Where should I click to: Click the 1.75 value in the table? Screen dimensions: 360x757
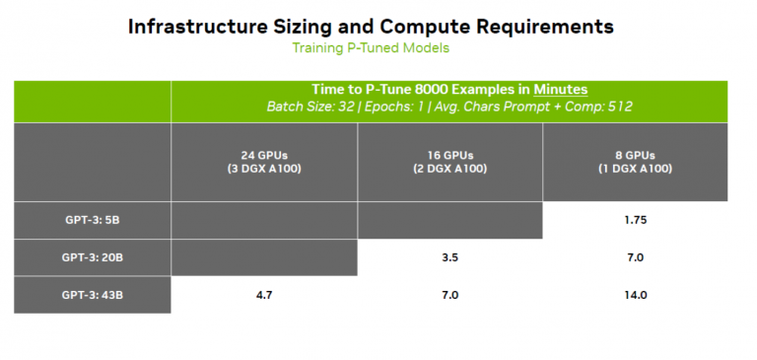[x=635, y=220]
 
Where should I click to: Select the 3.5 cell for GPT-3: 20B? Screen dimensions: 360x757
[x=449, y=257]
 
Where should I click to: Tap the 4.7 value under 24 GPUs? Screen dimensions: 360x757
[x=263, y=295]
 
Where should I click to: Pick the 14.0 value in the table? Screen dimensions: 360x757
[x=635, y=295]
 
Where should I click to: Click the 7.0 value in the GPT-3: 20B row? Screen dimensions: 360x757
[x=635, y=257]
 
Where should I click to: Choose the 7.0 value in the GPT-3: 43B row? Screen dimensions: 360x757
[x=449, y=295]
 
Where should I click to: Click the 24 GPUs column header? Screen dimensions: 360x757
[x=263, y=162]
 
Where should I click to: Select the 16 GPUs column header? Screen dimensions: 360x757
[x=449, y=162]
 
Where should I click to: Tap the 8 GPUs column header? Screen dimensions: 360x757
[x=635, y=162]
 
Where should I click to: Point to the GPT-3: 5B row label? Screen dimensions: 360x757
[x=92, y=220]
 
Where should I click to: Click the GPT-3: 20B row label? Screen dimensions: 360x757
[x=92, y=257]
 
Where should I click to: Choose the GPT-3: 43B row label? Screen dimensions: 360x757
[x=92, y=295]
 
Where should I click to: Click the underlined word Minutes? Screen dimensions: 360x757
[x=561, y=90]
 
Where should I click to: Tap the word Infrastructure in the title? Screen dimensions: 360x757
[x=206, y=26]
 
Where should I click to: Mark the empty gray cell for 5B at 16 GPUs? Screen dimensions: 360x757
[x=449, y=220]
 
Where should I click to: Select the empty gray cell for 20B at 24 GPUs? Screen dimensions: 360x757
[x=263, y=257]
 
